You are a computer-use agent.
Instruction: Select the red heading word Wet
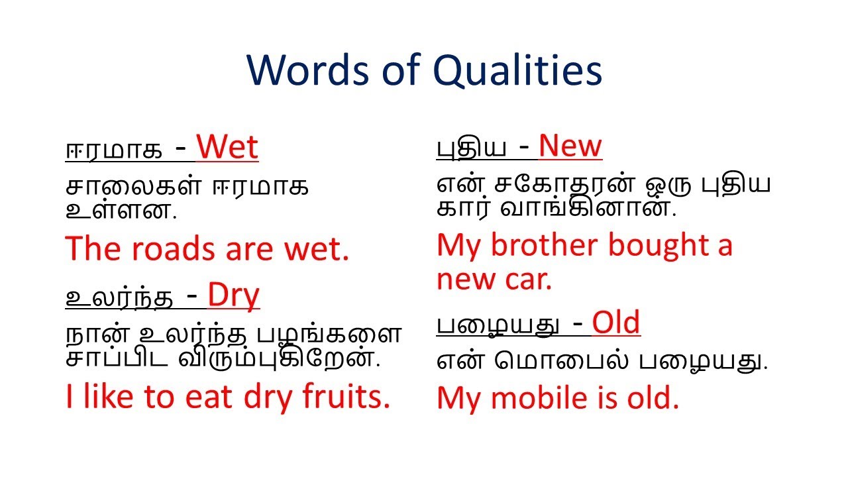click(227, 148)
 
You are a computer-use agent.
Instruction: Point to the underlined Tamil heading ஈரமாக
click(113, 151)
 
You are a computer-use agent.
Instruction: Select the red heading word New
click(570, 146)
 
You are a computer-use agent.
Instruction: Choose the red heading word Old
click(615, 323)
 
